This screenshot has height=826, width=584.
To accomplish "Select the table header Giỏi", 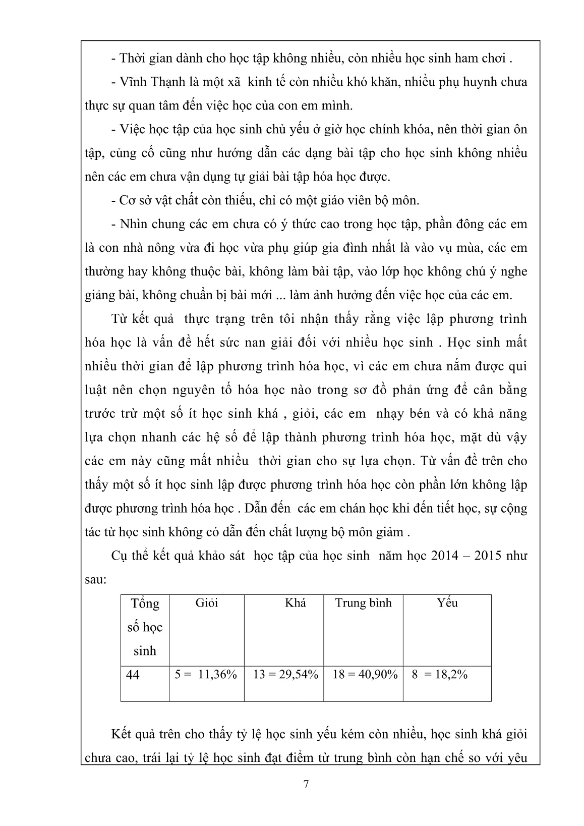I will click(206, 603).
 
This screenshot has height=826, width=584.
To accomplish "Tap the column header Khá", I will click(295, 603).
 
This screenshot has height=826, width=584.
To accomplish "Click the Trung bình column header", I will click(363, 603).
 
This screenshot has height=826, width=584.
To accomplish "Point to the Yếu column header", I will click(447, 603).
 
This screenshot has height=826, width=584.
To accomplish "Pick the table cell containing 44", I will click(133, 675).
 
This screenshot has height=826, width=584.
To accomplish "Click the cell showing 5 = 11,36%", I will click(206, 675).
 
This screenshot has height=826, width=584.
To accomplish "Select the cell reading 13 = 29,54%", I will click(285, 675).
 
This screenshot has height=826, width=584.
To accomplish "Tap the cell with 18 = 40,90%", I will click(365, 675).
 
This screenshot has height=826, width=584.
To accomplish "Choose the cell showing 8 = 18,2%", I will click(439, 675).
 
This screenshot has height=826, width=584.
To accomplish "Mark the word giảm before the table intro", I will click(390, 532).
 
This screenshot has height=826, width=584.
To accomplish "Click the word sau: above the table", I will click(95, 579).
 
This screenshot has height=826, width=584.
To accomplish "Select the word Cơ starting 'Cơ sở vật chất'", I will click(127, 200).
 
